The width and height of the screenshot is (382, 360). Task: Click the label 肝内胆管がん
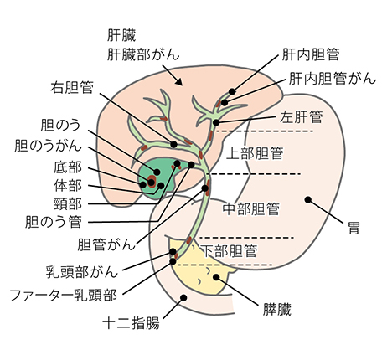click(333, 79)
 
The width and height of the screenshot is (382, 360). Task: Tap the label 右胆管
click(72, 88)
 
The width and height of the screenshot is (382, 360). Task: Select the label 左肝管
click(301, 116)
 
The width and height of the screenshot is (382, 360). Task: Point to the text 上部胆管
click(255, 153)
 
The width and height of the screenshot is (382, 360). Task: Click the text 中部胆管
click(251, 208)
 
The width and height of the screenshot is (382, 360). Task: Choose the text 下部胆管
click(229, 251)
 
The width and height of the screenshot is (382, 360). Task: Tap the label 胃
click(354, 228)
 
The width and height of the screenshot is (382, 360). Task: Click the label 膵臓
click(277, 309)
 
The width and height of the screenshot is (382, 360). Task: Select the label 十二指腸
click(132, 323)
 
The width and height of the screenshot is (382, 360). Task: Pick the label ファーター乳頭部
click(64, 295)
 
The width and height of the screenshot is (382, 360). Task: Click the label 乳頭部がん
click(81, 272)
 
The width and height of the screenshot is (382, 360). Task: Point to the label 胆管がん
click(106, 244)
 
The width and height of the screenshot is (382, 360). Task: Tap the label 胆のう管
click(54, 222)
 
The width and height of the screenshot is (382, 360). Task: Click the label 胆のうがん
click(48, 146)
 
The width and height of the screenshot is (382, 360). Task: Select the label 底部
click(68, 167)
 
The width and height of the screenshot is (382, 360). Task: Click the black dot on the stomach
click(308, 199)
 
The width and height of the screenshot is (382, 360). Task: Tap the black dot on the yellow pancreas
click(216, 277)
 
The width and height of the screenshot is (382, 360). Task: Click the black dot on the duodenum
click(183, 297)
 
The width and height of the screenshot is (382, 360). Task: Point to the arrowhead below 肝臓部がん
click(178, 82)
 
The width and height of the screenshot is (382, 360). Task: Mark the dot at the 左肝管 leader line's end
click(216, 122)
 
